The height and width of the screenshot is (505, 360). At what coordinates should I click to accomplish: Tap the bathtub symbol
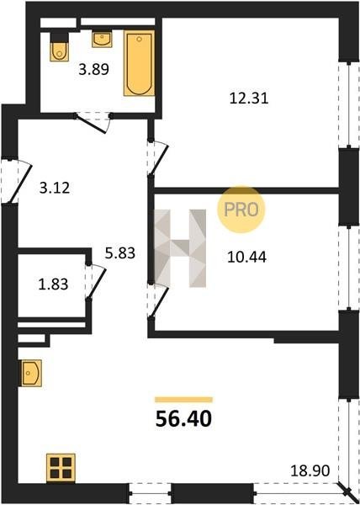[x=139, y=63]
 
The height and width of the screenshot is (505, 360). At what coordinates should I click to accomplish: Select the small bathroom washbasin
[x=102, y=40]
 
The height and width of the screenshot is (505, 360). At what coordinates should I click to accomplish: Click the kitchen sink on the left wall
[x=31, y=373]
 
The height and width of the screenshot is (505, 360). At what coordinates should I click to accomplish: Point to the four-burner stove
[x=61, y=468]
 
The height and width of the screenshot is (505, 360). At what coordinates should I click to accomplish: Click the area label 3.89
[x=94, y=69]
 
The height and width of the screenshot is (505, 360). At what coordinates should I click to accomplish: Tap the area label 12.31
[x=249, y=98]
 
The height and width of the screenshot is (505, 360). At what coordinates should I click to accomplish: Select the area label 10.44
[x=246, y=257]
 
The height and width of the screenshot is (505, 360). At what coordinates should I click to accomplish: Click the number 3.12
[x=55, y=188]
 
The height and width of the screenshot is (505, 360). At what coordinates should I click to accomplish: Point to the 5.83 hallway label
[x=120, y=253]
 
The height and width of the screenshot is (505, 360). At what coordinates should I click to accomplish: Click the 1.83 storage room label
[x=53, y=284]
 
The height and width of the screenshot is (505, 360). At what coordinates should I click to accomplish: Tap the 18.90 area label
[x=310, y=470]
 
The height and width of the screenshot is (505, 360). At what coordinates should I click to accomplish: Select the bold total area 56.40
[x=183, y=419]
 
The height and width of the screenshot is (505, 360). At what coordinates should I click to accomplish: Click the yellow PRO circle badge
[x=241, y=210]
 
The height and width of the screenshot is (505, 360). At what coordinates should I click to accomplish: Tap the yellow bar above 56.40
[x=183, y=400]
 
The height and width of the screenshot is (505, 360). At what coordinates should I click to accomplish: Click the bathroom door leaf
[x=90, y=124]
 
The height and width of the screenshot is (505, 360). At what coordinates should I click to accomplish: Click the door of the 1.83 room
[x=97, y=284]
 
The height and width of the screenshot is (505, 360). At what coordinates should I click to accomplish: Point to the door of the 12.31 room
[x=159, y=159]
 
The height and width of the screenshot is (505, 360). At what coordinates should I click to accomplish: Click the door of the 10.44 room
[x=159, y=301]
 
